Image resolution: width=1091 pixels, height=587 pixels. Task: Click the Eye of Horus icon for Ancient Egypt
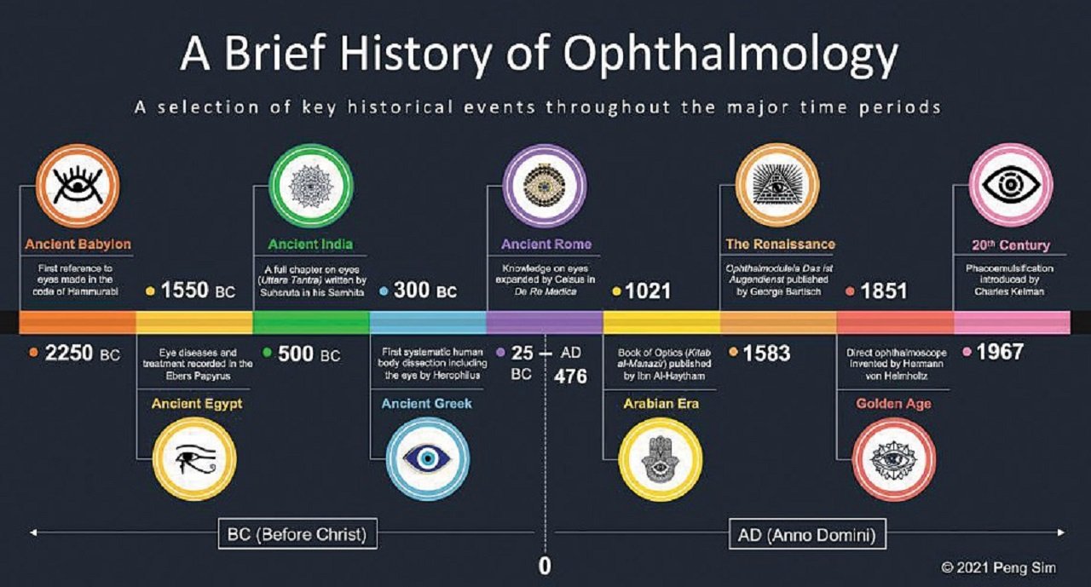click(x=195, y=459)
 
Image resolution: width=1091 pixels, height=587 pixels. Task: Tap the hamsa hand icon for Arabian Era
click(x=660, y=459)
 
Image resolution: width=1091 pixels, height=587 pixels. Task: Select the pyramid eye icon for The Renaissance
click(x=777, y=185)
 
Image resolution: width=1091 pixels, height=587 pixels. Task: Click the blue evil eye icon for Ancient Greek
click(x=427, y=458)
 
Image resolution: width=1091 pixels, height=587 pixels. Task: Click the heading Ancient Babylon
click(x=78, y=244)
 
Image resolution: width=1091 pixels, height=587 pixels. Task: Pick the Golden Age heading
click(x=894, y=404)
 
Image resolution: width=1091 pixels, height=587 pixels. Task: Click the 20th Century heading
click(x=1011, y=245)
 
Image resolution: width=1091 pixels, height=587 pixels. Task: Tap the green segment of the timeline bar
click(x=311, y=322)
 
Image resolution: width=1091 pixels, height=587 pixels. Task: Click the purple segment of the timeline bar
click(x=545, y=322)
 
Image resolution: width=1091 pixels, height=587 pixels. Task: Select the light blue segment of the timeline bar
click(x=428, y=322)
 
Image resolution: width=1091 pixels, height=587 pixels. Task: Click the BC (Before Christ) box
click(x=297, y=534)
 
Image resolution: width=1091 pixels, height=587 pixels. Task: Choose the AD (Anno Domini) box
click(x=807, y=534)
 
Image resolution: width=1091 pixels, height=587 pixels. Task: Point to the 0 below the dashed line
click(x=545, y=566)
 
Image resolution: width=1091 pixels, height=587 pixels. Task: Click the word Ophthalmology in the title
click(x=730, y=55)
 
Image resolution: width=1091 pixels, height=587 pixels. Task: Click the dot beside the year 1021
click(x=616, y=291)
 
